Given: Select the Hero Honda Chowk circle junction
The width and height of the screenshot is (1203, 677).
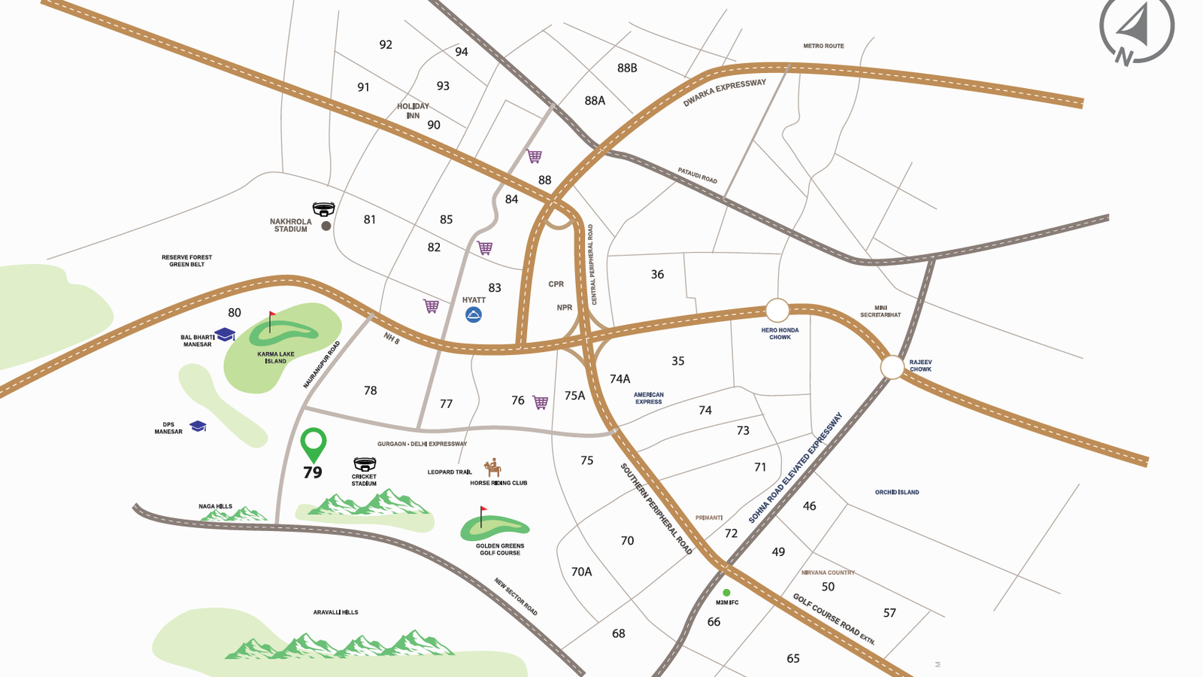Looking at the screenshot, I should coord(777,310).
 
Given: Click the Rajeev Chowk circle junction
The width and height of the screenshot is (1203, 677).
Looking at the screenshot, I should coord(892,367).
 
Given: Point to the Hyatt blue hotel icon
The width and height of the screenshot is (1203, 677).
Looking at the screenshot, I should coord(473,314).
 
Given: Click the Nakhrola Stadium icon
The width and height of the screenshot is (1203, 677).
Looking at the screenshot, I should coord(323,208).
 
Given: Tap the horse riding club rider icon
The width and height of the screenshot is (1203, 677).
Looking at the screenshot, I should coord(492,468).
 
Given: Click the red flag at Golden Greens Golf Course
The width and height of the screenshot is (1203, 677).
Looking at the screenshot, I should coord(483,512).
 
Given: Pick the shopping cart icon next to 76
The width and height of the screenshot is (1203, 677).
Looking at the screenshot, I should coord(541,402).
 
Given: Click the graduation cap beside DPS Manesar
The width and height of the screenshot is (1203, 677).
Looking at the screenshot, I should coord(198,427).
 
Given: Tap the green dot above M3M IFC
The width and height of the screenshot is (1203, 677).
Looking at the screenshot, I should coord(726,593).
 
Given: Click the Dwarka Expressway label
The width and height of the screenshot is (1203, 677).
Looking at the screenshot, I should coord(724,93).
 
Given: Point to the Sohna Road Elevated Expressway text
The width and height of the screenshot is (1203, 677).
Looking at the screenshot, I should coord(795,468).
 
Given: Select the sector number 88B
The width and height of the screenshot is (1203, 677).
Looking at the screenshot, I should coord(627,68).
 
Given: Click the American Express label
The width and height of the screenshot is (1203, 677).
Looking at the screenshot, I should coord(648,398).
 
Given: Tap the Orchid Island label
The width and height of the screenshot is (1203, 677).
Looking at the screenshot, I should coord(896,492).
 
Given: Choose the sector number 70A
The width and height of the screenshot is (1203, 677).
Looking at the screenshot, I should coord(581,572).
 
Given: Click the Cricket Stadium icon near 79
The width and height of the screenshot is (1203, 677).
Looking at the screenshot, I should coord(365,463).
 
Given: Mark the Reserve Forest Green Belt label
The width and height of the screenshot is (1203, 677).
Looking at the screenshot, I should coord(186,260).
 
